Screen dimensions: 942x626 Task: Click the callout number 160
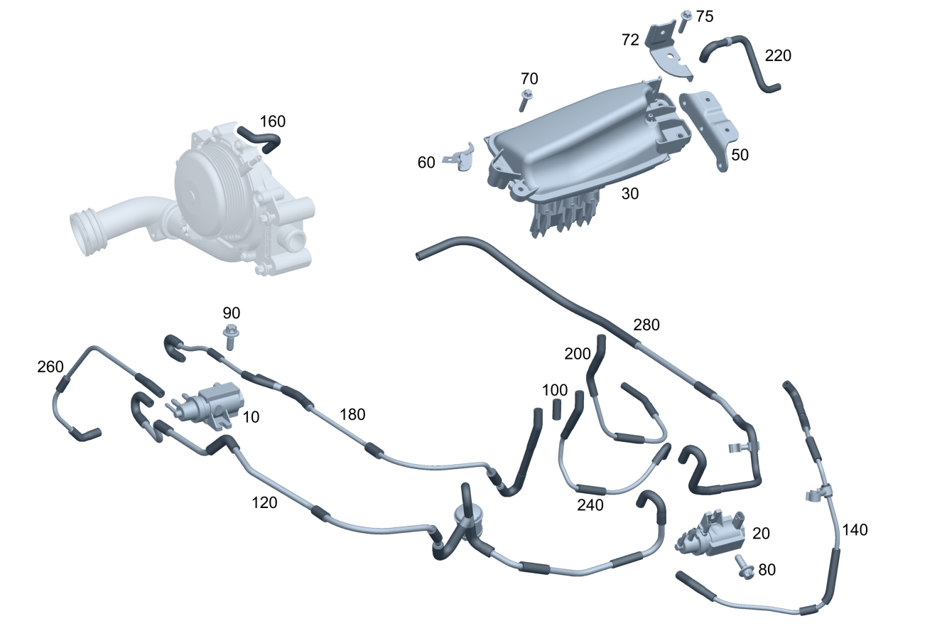(273, 122)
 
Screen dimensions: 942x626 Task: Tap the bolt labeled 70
(525, 100)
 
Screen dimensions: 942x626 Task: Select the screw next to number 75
(685, 21)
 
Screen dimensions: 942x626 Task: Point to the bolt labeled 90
(230, 337)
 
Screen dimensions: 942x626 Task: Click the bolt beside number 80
(744, 567)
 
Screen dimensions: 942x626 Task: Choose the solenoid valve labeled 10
(209, 404)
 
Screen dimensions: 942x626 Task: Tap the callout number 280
(646, 325)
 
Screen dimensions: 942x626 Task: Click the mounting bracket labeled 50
(710, 129)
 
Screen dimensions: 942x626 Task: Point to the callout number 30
(630, 193)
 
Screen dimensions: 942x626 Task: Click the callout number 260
(50, 367)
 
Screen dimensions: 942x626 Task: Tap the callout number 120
(264, 503)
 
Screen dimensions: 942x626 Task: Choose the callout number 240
(590, 505)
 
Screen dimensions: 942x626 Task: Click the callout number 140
(855, 530)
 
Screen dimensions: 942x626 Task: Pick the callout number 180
(352, 415)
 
